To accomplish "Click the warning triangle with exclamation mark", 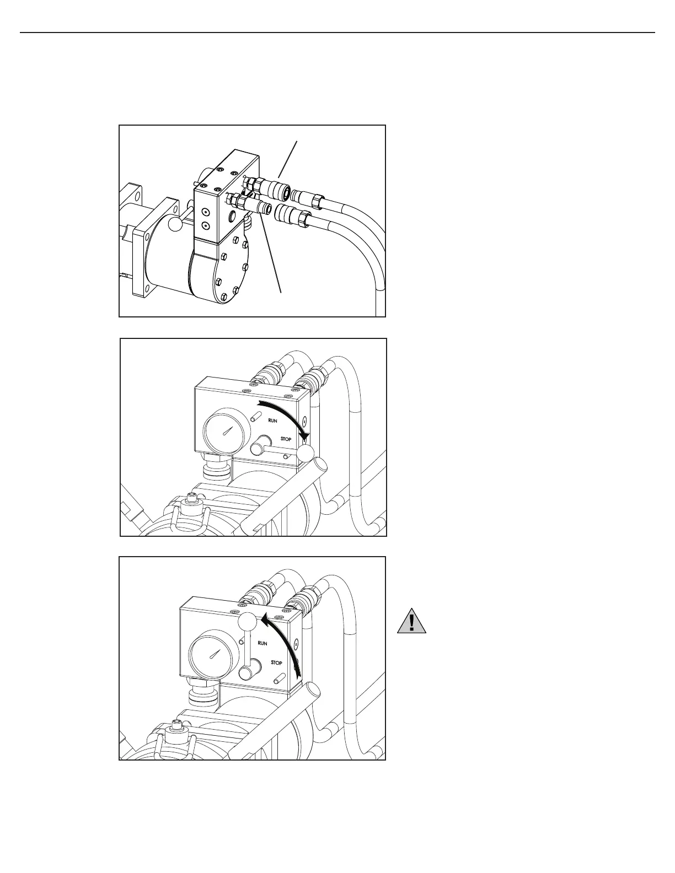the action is [411, 621].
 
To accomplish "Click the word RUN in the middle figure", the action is [272, 421].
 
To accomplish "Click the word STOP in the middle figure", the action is [286, 439].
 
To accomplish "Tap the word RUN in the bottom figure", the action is [262, 643].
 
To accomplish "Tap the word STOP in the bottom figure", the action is [276, 663].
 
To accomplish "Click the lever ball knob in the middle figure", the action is [306, 454].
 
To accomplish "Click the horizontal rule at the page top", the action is [337, 33].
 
